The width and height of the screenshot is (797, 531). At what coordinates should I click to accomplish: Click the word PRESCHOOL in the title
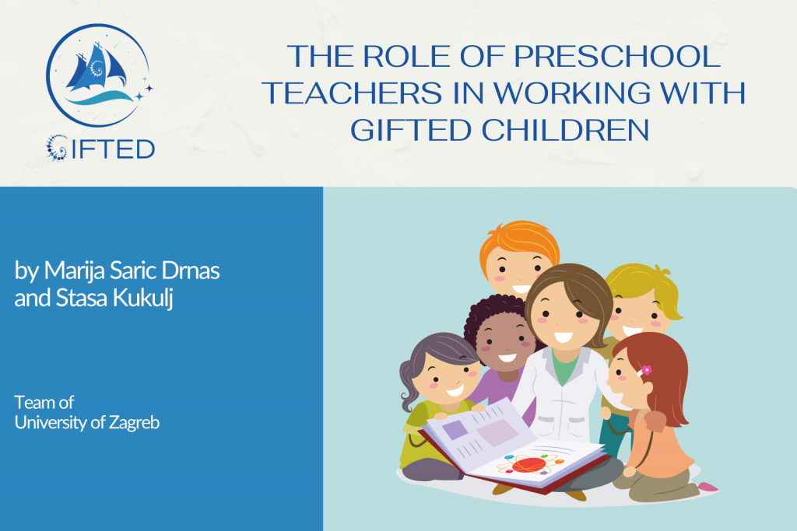coord(617,56)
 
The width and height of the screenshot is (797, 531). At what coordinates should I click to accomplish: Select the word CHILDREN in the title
coord(565,130)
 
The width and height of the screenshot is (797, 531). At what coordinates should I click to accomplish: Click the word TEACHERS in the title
coord(353,93)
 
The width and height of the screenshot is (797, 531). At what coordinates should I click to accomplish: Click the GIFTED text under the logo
coord(100,148)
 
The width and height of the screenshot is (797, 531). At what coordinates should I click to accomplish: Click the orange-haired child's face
coord(517,271)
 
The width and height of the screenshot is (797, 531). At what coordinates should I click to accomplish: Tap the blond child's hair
coord(644,287)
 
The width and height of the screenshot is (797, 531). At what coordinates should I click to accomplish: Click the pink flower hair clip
coord(646,370)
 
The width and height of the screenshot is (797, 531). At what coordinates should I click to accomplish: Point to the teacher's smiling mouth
coord(564,337)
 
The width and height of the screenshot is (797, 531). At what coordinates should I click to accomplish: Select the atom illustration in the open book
coord(529,464)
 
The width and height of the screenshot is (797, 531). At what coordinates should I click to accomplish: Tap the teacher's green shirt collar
coord(565,366)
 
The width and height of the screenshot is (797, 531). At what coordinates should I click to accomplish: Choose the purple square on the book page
coord(455,429)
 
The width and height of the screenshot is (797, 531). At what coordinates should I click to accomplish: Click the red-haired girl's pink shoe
coord(707,487)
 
